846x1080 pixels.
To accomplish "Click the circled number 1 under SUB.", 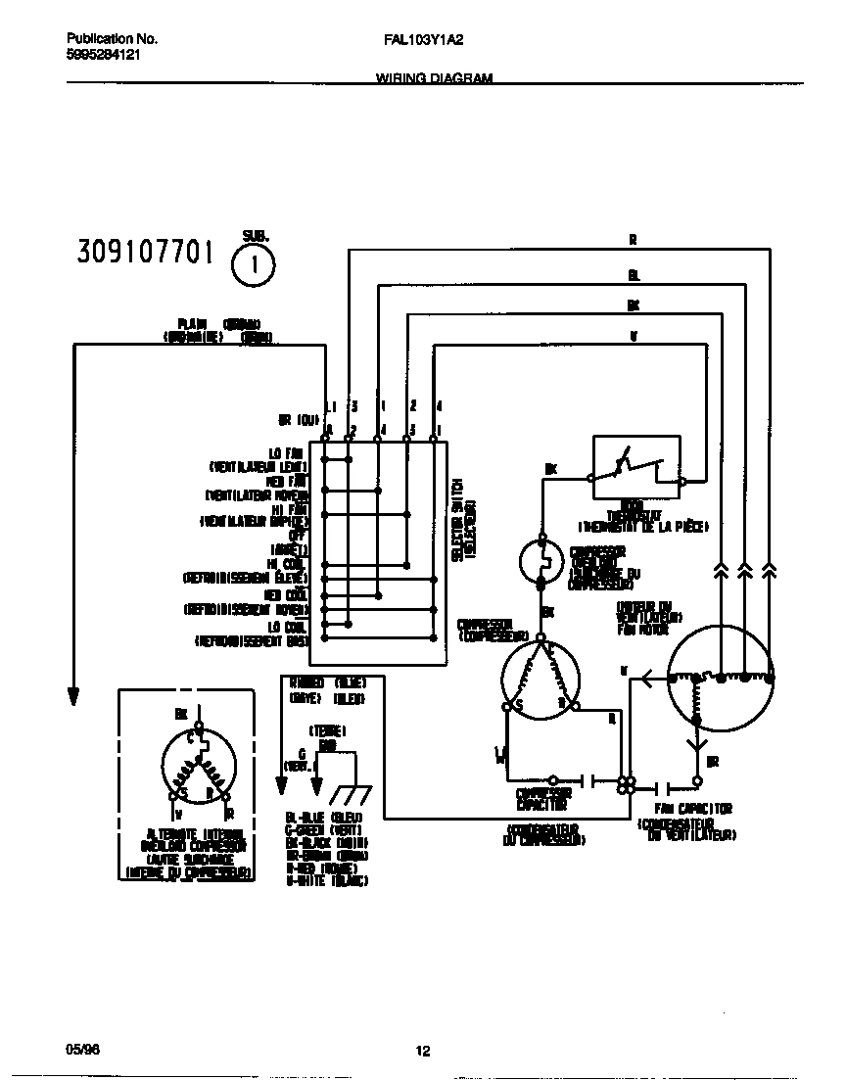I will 254,264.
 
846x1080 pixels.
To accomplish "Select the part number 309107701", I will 144,253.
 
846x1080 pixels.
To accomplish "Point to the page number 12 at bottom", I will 423,1052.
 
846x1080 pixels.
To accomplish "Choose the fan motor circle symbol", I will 721,678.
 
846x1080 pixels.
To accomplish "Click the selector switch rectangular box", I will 378,552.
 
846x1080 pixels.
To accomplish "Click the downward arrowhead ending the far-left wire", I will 72,695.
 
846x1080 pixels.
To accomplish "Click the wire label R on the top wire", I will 633,238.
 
